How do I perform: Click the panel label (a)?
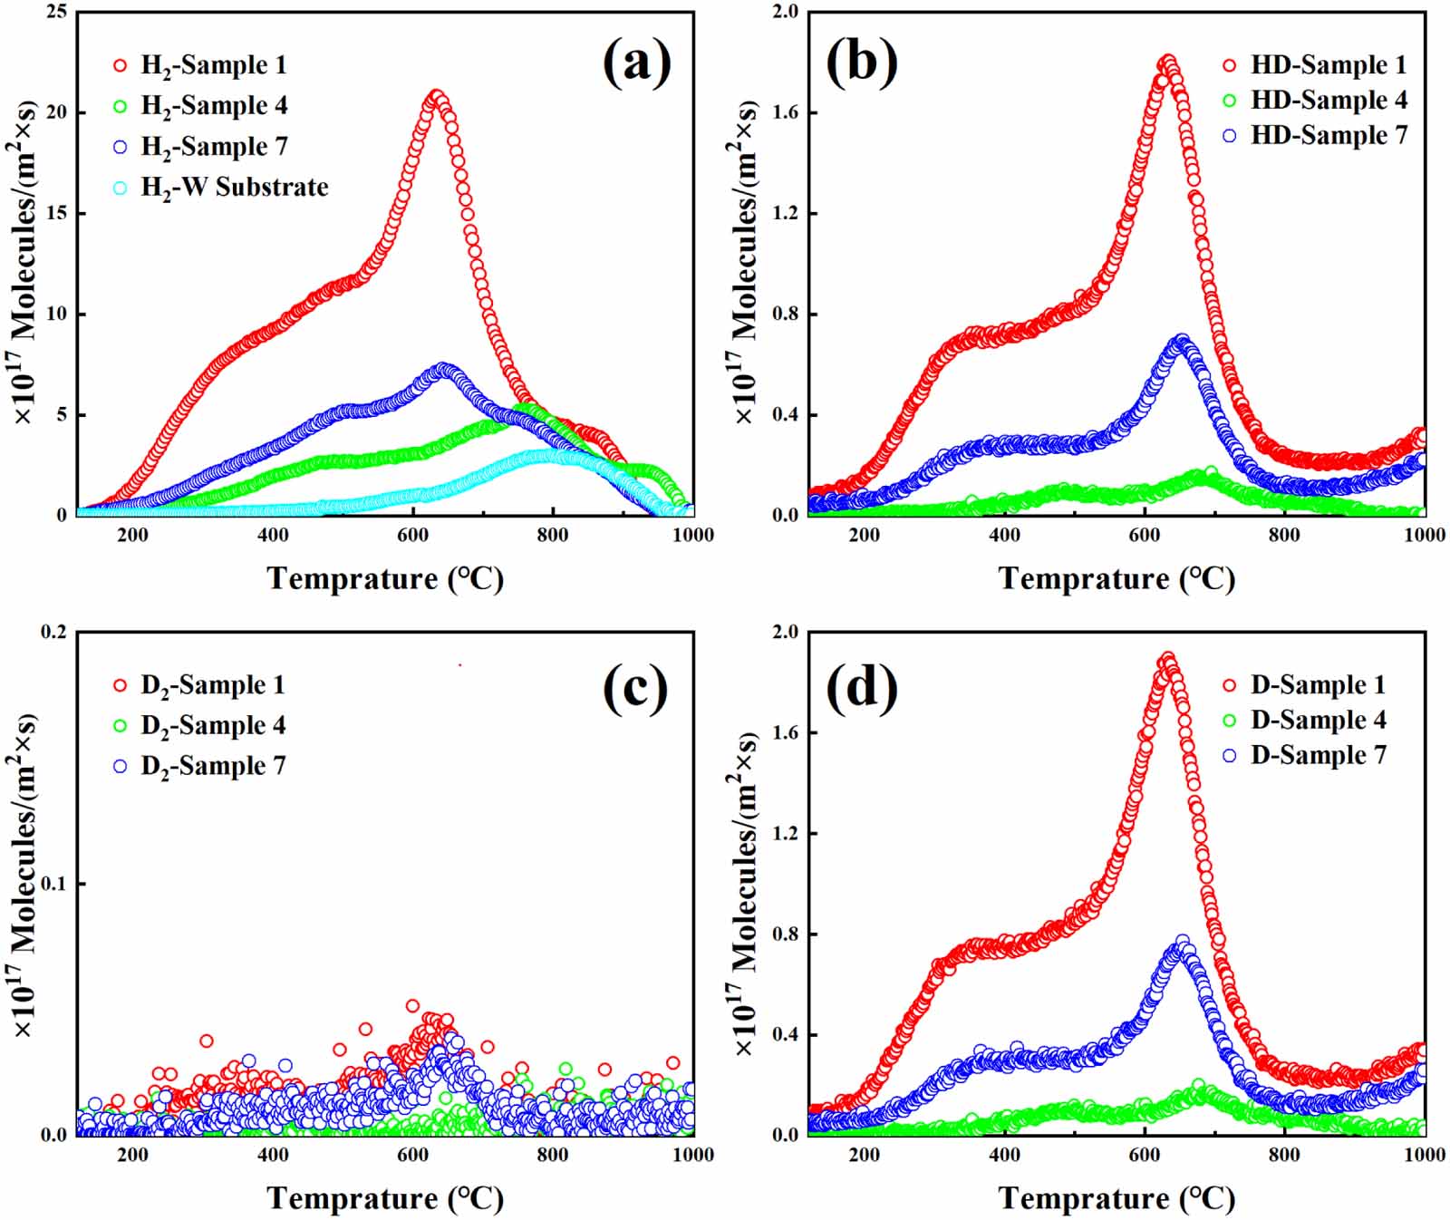pos(636,63)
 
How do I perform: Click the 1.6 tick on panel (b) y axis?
pos(785,112)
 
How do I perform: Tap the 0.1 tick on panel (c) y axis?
pos(54,884)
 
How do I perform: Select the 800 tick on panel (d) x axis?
pos(1284,1155)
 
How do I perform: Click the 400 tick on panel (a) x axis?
pos(273,535)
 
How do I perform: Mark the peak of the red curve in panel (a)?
pos(437,95)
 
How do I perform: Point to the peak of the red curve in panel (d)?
pos(1167,659)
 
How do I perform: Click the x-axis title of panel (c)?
pos(385,1198)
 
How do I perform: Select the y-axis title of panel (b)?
pos(745,263)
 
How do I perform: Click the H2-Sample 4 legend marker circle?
pos(121,107)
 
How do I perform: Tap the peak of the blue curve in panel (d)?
pos(1182,943)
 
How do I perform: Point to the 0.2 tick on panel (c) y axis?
pos(54,632)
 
